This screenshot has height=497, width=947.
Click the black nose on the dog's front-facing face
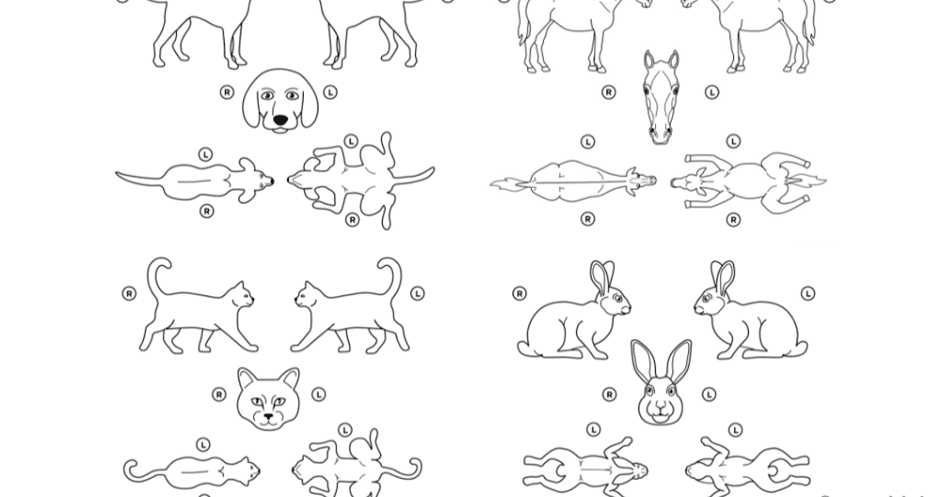(281, 121)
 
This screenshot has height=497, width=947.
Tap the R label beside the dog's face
(227, 92)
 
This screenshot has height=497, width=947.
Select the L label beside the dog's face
(330, 92)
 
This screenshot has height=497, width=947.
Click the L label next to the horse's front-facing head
(712, 92)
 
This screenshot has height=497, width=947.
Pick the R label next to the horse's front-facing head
(608, 92)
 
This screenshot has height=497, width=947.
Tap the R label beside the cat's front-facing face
(219, 394)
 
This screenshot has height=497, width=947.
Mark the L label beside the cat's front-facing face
(318, 394)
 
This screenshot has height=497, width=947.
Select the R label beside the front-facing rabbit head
(610, 394)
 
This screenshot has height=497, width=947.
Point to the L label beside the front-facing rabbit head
(709, 394)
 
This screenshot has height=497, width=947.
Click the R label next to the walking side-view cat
(129, 293)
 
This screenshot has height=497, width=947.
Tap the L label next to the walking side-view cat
(417, 293)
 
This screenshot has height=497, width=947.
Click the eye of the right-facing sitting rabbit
(617, 299)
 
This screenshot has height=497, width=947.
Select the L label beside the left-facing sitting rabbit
(807, 293)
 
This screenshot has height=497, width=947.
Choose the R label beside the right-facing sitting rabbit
(519, 293)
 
